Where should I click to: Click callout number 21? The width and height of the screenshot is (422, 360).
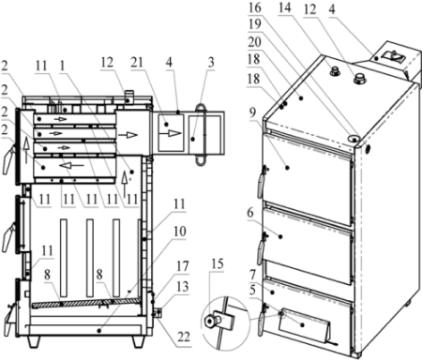point(137,63)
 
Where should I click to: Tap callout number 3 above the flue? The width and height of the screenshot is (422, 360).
point(211,62)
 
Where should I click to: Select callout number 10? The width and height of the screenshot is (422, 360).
point(179,232)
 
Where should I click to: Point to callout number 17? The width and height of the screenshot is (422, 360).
point(183,266)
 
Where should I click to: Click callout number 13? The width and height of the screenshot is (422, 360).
point(183,286)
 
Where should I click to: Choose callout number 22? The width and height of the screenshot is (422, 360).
point(184,337)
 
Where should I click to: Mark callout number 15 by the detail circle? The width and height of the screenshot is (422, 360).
point(218,263)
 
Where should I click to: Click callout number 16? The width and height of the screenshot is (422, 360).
point(255,7)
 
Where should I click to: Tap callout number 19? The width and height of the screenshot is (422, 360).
point(255,24)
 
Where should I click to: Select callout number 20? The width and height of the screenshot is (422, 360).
point(255,41)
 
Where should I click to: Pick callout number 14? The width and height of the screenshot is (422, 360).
point(284,7)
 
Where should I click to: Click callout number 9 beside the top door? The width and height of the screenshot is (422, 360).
point(252,112)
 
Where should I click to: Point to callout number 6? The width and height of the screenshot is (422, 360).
point(250,213)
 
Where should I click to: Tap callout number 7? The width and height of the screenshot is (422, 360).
point(252,275)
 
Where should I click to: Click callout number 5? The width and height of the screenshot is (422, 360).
point(252,291)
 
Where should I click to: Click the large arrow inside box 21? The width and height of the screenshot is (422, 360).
point(170,134)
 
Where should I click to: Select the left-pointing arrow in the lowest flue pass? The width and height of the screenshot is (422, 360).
point(71,165)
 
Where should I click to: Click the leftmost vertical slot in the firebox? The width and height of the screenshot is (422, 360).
point(64,258)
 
